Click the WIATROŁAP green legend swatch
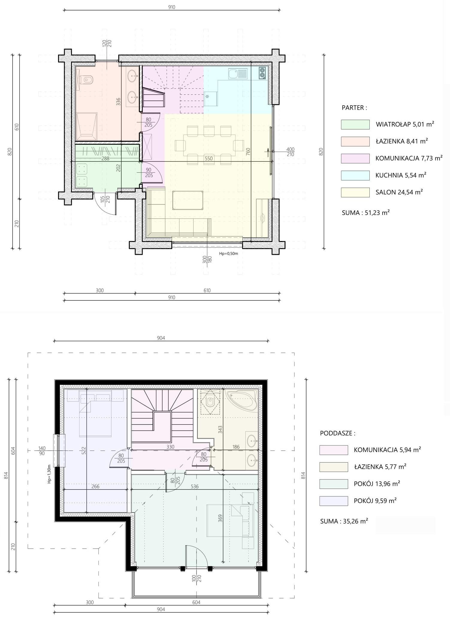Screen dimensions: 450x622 point(355,124)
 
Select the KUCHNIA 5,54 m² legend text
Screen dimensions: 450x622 point(401,175)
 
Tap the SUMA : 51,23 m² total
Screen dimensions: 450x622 point(366,213)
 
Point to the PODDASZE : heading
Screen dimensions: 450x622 point(338,433)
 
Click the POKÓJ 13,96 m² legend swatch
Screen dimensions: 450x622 point(333,484)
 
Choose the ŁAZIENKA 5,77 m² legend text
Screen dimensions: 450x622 point(380,466)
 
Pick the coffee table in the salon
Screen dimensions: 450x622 point(188,200)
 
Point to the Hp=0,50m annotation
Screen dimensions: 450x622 point(229,253)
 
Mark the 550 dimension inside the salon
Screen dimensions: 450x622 point(209,159)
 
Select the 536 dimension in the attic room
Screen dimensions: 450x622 point(195,487)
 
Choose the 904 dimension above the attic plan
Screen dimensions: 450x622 point(161,338)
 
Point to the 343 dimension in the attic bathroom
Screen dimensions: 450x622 point(220,429)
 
